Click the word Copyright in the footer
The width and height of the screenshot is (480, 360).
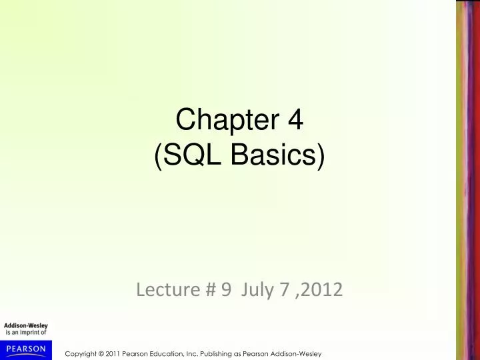coord(79,351)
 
